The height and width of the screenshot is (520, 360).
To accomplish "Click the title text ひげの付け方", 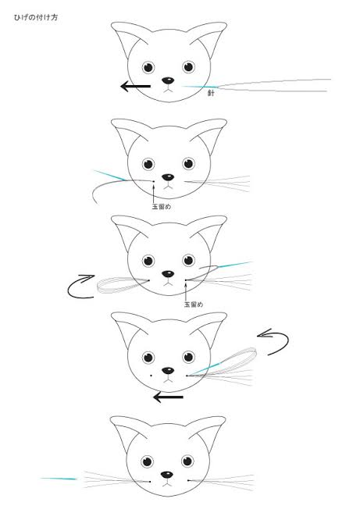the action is (x=36, y=17).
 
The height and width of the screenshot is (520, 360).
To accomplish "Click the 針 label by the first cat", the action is (x=211, y=93).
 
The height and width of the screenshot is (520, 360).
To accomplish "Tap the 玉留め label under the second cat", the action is (x=161, y=207).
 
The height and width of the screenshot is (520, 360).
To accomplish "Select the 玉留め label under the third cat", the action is (x=194, y=304).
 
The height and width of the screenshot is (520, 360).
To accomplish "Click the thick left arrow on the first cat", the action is (x=135, y=86).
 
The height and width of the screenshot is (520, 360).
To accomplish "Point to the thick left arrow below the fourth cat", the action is (x=168, y=397).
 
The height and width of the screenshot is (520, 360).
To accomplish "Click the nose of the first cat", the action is (x=168, y=80).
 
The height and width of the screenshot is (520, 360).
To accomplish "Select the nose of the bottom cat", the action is (x=167, y=475).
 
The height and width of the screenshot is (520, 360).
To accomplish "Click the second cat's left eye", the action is (x=148, y=164).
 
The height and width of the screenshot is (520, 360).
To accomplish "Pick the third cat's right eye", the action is (x=188, y=260).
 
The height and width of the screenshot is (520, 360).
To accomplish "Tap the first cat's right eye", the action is (x=188, y=67).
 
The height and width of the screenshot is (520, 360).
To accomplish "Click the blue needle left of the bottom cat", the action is (x=59, y=479).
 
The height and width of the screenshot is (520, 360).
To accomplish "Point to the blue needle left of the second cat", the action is (x=110, y=176).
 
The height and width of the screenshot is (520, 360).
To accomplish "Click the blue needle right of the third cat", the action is (x=234, y=265).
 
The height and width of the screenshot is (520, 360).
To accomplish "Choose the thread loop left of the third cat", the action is (x=123, y=285).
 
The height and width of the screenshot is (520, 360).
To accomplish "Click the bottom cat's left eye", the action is (x=147, y=461).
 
